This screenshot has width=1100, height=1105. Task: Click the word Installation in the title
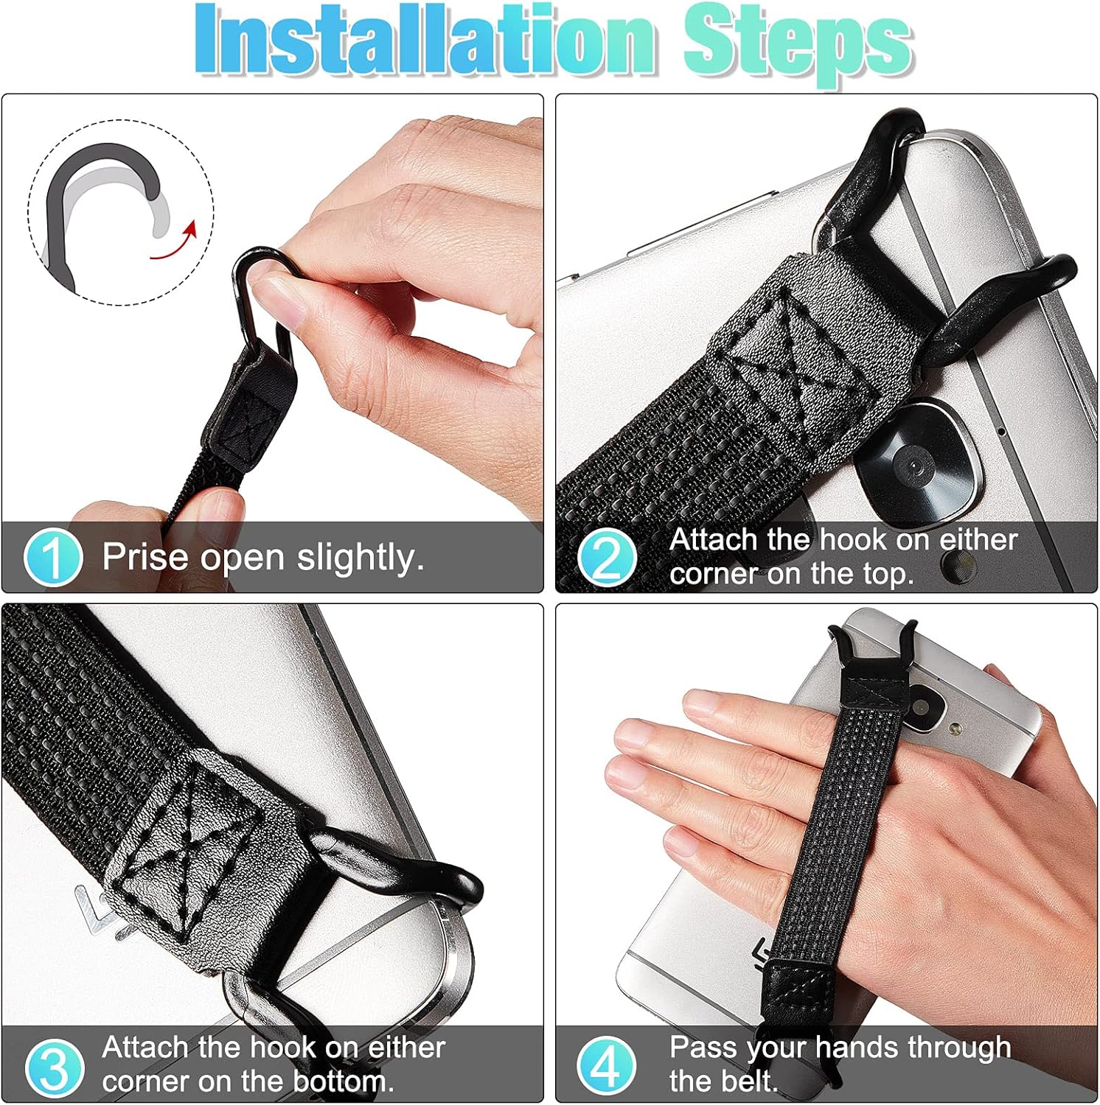[x=425, y=40]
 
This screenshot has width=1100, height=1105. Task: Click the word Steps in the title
[x=798, y=44]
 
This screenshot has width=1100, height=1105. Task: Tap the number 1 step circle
[x=52, y=556]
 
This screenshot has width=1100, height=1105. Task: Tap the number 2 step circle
[x=606, y=557]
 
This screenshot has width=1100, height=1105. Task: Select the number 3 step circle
[x=53, y=1066]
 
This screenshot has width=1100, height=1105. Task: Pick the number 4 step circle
[x=606, y=1066]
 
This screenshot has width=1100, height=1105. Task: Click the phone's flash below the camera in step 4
[x=955, y=729]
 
